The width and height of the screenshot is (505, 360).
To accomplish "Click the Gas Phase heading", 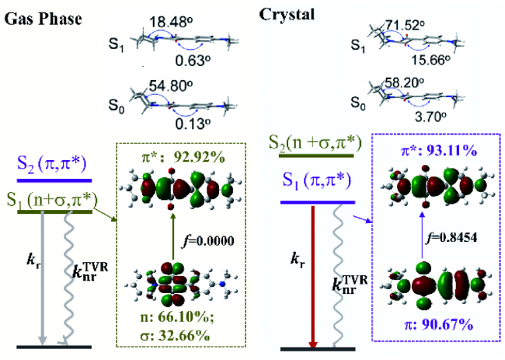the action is click(43, 19).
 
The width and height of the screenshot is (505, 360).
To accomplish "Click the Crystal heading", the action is click(287, 15).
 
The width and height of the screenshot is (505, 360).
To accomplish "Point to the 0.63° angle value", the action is click(193, 61).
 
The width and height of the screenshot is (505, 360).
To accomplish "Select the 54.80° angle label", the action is click(171, 86).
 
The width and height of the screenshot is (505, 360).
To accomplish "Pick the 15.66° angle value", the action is click(430, 60).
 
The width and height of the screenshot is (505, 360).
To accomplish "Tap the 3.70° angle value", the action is click(430, 117).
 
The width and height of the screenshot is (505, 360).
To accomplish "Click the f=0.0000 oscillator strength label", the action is click(207, 241).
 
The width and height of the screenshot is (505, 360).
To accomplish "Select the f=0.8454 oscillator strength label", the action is click(451, 237).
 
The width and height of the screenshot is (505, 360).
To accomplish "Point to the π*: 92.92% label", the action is click(183, 157).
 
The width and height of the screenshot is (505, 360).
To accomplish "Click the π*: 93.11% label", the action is click(439, 150).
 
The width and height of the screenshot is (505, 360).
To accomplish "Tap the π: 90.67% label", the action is click(439, 325).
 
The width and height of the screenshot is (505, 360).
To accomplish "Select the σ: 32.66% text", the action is click(176, 336).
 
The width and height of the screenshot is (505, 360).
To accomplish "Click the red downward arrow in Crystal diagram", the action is click(313, 277).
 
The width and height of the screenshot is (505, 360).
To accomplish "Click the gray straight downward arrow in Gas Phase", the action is click(43, 278).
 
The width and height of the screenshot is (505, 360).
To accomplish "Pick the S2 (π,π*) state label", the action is click(52, 165).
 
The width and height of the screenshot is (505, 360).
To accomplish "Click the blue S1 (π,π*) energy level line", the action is click(318, 202).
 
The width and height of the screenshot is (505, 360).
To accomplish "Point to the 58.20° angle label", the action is click(405, 82).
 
